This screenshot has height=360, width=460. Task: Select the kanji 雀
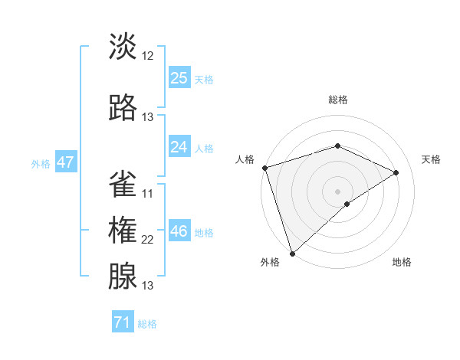(x=123, y=183)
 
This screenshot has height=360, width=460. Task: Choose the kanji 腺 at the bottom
(x=123, y=275)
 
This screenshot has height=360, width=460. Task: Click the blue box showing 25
(x=179, y=78)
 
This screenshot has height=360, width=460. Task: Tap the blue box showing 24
(x=179, y=147)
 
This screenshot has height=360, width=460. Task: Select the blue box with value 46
(x=179, y=231)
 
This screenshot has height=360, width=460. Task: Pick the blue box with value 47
(x=65, y=162)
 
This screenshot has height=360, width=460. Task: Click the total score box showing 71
(x=123, y=322)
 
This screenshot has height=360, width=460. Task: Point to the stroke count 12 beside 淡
(x=148, y=56)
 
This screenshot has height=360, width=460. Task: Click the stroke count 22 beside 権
(x=148, y=240)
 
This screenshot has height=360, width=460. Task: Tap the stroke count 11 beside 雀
(x=148, y=194)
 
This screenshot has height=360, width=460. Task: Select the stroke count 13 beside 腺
(x=148, y=286)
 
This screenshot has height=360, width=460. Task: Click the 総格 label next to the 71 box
(x=147, y=324)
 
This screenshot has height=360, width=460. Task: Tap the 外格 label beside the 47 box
(x=41, y=163)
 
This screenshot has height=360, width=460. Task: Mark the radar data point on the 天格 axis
(x=396, y=172)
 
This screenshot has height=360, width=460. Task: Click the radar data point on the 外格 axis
(x=292, y=253)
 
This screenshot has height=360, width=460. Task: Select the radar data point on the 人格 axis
(x=264, y=168)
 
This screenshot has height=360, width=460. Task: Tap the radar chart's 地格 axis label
(x=402, y=262)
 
